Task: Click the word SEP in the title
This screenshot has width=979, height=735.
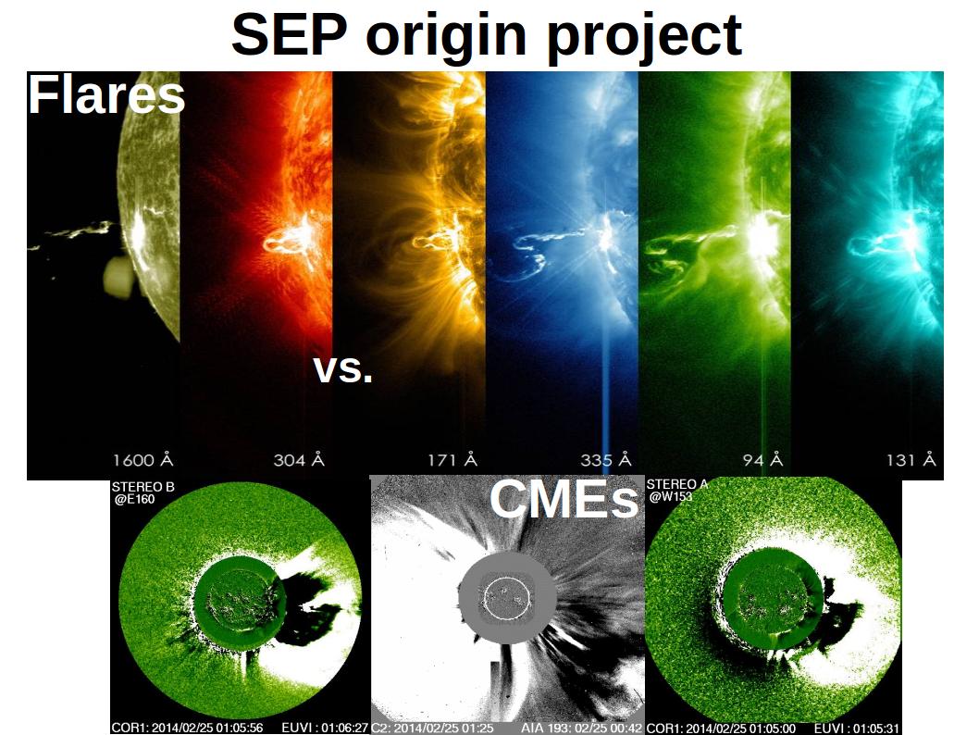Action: tap(289, 34)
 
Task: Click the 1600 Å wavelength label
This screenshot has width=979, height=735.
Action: tap(143, 460)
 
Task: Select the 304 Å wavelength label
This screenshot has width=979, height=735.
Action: tap(299, 460)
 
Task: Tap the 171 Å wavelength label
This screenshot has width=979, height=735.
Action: tap(452, 460)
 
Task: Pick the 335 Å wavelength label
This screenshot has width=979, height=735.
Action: tap(606, 460)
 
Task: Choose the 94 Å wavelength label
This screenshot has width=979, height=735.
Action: tap(762, 460)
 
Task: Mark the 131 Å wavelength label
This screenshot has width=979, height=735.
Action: tap(911, 460)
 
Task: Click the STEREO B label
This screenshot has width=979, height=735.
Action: tap(143, 487)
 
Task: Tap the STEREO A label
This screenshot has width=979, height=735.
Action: tap(677, 484)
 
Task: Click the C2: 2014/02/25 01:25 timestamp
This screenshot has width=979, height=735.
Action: tap(432, 729)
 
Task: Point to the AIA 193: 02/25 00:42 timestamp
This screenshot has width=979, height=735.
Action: tap(581, 729)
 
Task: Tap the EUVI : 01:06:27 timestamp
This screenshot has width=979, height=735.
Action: tap(325, 729)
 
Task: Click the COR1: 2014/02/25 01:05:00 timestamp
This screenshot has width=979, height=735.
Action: tap(721, 729)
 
